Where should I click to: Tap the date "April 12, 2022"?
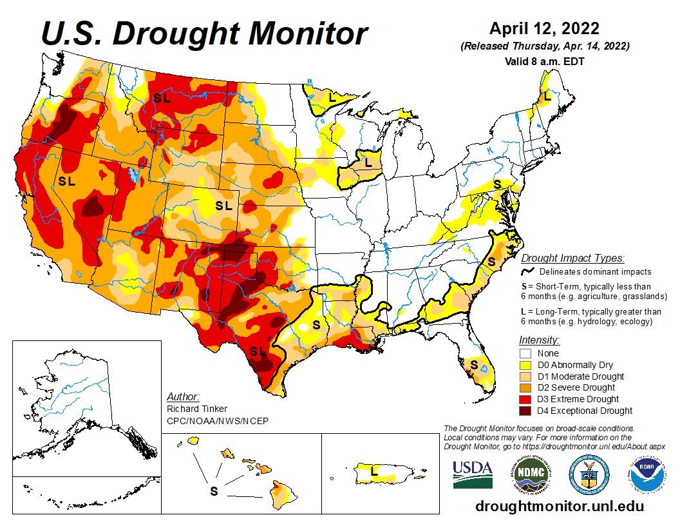(x=544, y=28)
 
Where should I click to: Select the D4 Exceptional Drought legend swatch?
(x=525, y=411)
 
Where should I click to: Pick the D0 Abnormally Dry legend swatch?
(x=525, y=365)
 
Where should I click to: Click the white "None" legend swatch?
(x=525, y=353)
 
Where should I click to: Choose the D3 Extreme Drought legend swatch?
(x=525, y=399)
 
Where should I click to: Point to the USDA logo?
(x=472, y=474)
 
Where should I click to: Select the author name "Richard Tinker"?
(x=196, y=409)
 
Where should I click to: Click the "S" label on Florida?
(x=474, y=365)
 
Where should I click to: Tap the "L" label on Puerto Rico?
(x=374, y=471)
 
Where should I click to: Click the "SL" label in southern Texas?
(x=258, y=351)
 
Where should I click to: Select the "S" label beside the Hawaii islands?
(x=214, y=491)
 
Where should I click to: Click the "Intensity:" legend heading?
(x=539, y=340)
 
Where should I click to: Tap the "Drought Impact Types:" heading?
(x=572, y=258)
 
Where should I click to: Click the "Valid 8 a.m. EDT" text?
(x=544, y=61)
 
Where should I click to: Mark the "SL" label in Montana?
(x=162, y=99)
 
